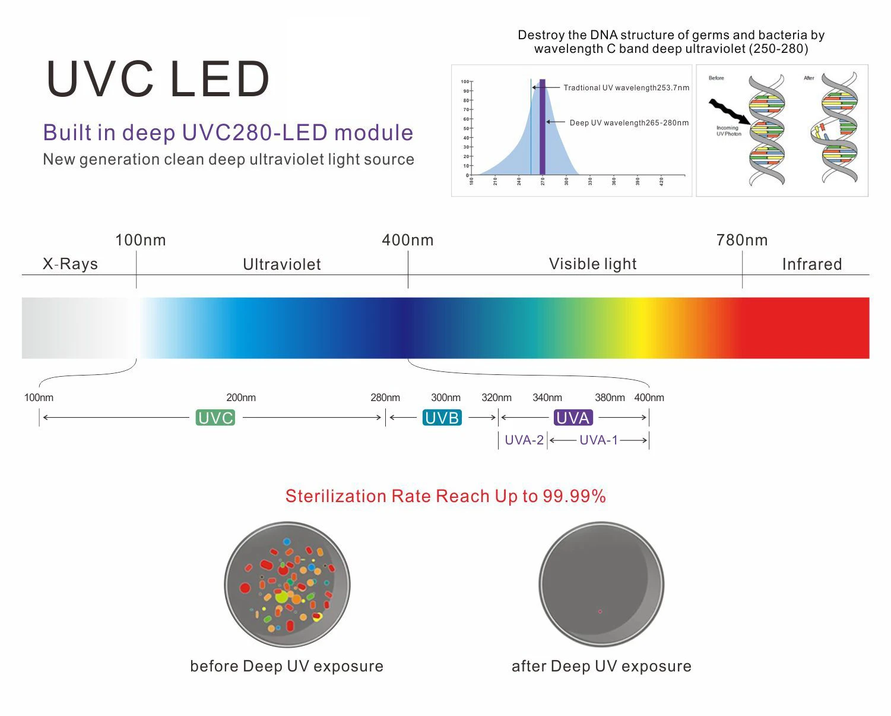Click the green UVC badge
click(215, 418)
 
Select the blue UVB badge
click(442, 418)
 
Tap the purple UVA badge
click(573, 418)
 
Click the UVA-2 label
click(524, 440)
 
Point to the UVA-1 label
click(598, 440)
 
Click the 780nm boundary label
click(742, 240)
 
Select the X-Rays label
click(70, 264)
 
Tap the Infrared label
click(811, 264)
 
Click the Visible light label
click(592, 264)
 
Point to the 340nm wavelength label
click(547, 398)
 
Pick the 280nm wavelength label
click(385, 398)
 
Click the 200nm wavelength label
click(241, 398)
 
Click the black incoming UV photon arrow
click(729, 112)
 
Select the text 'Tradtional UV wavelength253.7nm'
click(626, 88)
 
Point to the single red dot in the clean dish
click(600, 611)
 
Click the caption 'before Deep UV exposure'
click(287, 666)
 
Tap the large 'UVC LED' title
click(158, 79)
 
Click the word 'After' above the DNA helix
click(808, 78)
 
